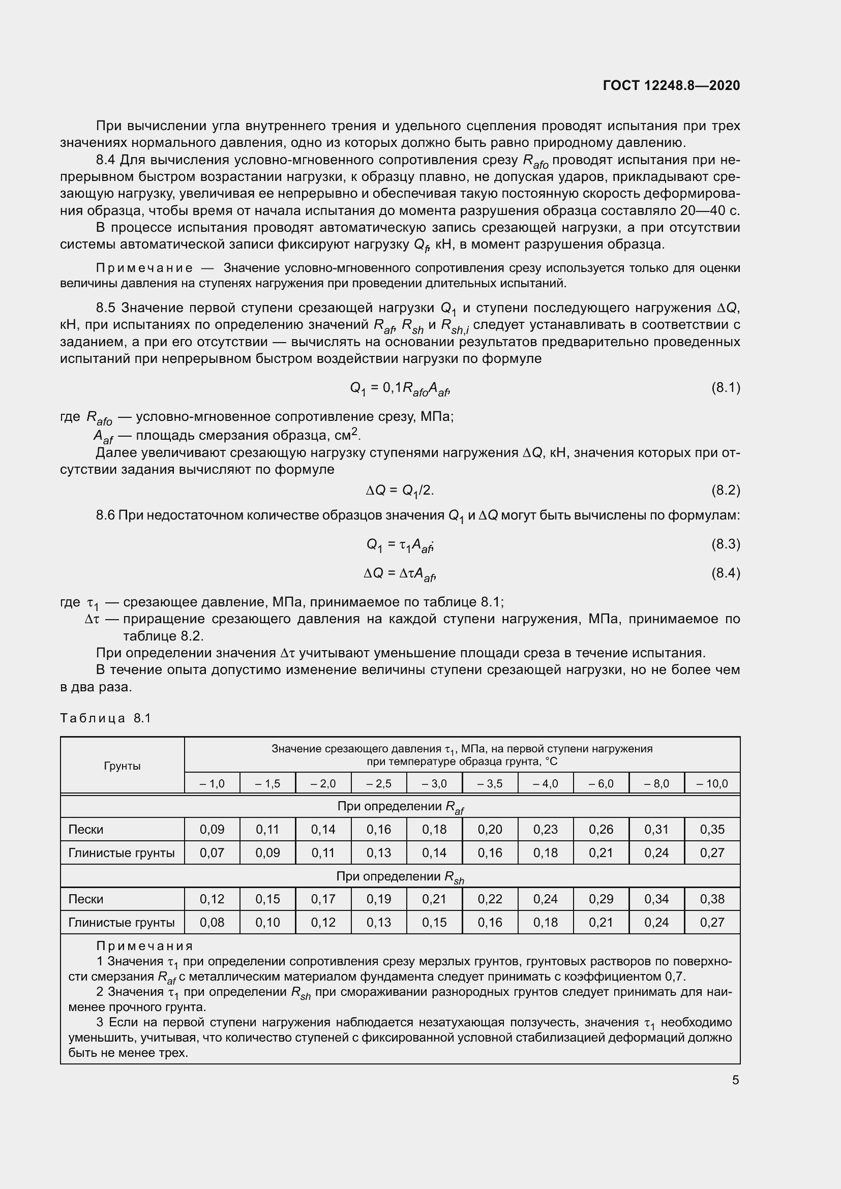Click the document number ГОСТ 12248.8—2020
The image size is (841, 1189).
(x=671, y=85)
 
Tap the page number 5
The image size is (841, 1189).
(x=735, y=1080)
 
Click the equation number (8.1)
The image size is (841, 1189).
(x=726, y=387)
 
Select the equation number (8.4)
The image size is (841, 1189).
(x=726, y=573)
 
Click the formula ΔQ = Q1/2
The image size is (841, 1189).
(x=400, y=490)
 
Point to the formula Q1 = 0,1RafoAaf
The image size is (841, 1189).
(x=400, y=388)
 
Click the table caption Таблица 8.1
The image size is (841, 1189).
(x=105, y=718)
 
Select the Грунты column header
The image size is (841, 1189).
(x=122, y=766)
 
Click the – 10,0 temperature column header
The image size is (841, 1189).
(x=712, y=783)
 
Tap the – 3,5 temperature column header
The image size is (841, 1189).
(x=490, y=783)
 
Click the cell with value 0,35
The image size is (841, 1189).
(x=712, y=829)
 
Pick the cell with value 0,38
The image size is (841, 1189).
(x=712, y=899)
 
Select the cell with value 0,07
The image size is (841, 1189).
(x=212, y=852)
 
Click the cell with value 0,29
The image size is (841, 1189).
(x=600, y=899)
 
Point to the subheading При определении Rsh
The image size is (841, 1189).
(x=400, y=876)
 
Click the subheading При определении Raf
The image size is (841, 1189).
(x=400, y=806)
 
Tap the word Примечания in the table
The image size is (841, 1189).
(x=144, y=946)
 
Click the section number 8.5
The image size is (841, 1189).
(x=106, y=308)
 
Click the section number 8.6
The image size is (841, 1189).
(x=106, y=515)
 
